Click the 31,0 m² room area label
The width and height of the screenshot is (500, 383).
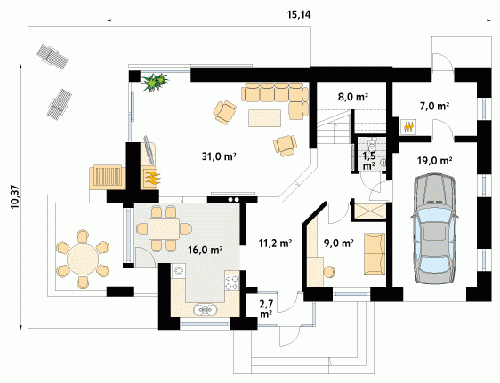[219, 156]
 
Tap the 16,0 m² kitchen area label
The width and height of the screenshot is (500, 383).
[205, 250]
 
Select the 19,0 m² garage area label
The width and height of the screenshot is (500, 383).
[435, 161]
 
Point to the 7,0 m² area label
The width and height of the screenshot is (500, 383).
[434, 106]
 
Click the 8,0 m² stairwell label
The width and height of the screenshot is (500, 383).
[353, 97]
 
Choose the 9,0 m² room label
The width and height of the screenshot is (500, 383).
[339, 243]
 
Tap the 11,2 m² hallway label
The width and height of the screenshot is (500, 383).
[275, 243]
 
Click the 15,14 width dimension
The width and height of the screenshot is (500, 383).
[299, 14]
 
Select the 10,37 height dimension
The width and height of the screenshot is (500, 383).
[15, 196]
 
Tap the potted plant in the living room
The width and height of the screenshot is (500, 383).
[155, 82]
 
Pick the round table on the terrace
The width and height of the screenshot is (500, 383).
[83, 259]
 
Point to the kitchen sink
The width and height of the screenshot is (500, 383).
[206, 309]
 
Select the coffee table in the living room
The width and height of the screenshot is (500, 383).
[264, 118]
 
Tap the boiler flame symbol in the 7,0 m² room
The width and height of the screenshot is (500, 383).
[408, 127]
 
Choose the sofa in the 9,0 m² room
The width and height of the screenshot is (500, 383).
[375, 253]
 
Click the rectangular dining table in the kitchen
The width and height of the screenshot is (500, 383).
[165, 228]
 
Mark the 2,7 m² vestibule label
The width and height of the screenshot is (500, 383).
[266, 308]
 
